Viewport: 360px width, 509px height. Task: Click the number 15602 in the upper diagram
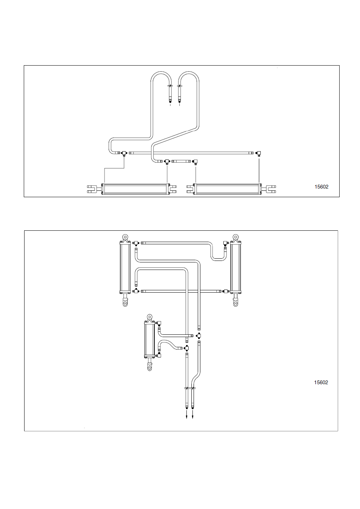pos(322,187)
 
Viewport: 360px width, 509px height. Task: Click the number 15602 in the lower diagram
pos(321,382)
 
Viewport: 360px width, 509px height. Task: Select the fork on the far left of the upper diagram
pos(92,189)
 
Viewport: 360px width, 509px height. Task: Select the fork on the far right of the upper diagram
pos(271,189)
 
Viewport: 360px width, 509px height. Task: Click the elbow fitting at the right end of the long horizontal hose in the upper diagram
pos(258,153)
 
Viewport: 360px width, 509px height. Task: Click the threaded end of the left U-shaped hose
pos(170,100)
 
